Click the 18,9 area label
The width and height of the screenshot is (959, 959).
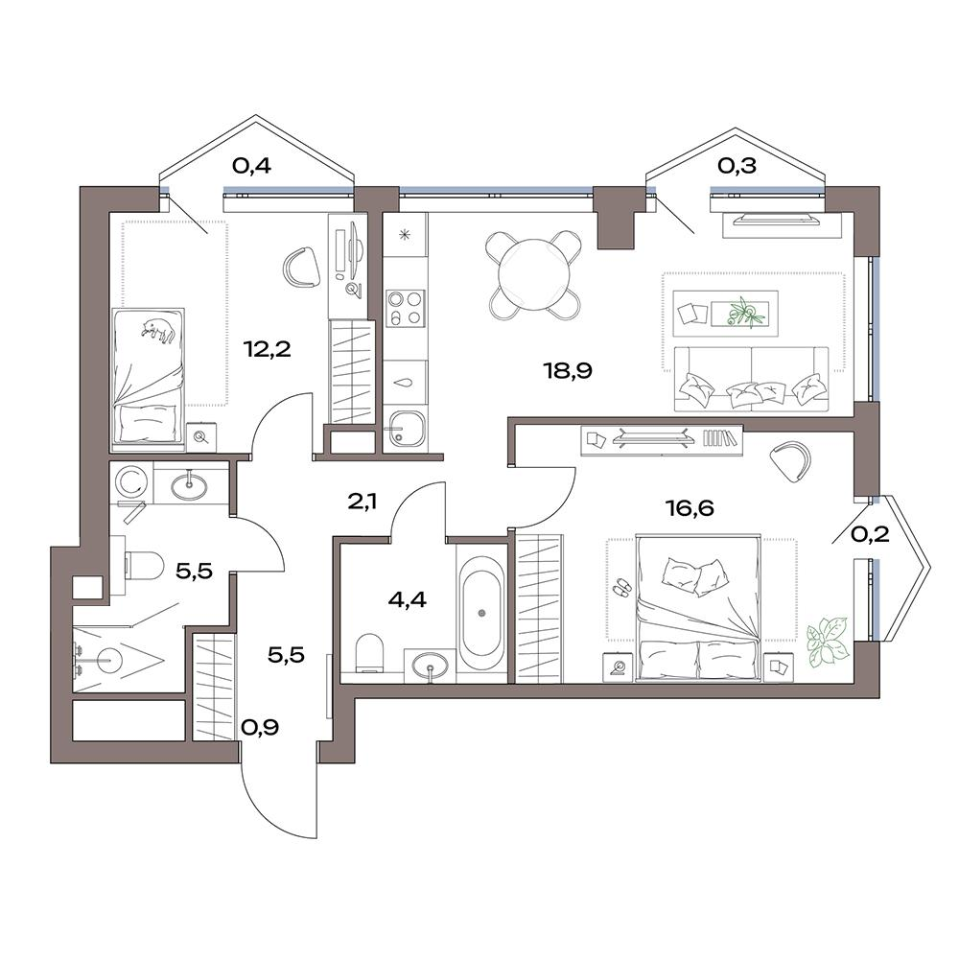(x=568, y=370)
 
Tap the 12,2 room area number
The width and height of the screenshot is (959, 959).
(x=267, y=349)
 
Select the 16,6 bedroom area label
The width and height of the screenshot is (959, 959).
(x=690, y=507)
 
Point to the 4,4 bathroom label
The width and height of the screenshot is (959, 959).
(x=408, y=600)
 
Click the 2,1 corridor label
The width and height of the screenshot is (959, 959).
(x=363, y=503)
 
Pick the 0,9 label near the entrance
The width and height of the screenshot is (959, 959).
(x=260, y=727)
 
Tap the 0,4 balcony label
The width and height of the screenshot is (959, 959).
(x=251, y=165)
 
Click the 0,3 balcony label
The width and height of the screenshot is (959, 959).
(x=737, y=165)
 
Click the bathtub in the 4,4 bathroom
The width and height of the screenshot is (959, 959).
(x=481, y=613)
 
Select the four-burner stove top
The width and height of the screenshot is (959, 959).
(x=405, y=307)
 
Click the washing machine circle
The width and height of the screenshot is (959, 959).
(x=130, y=481)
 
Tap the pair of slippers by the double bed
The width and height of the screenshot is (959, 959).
(x=622, y=587)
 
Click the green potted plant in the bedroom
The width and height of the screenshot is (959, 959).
(x=827, y=641)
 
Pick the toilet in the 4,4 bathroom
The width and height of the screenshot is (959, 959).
(x=369, y=652)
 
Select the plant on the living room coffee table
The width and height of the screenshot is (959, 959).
(x=745, y=314)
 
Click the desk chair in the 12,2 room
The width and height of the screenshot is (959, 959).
(x=302, y=268)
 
